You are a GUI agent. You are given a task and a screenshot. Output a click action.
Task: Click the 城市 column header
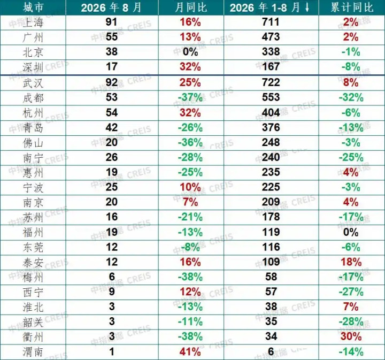click(33, 7)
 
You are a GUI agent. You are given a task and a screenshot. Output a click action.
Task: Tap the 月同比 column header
click(191, 7)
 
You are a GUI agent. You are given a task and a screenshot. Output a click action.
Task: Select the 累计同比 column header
click(352, 7)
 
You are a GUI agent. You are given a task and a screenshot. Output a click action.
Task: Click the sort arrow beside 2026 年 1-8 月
click(307, 7)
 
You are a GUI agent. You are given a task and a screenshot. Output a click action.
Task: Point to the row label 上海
click(33, 22)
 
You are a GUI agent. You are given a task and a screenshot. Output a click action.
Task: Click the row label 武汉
click(33, 83)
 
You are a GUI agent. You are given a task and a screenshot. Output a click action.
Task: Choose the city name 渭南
click(33, 352)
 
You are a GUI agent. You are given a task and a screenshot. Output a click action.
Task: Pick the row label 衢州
click(33, 336)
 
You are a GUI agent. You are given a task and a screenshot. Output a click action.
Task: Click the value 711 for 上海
click(271, 22)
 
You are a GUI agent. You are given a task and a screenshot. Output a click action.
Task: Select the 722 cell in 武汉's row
click(271, 82)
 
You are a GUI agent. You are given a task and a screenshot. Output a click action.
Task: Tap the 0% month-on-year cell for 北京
click(190, 52)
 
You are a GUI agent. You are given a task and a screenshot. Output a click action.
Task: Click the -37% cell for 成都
click(190, 97)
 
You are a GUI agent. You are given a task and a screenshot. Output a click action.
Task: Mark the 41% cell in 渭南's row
click(190, 352)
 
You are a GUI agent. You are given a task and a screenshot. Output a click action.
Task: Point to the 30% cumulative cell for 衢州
click(351, 336)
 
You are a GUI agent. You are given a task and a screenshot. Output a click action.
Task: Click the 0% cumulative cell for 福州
click(351, 232)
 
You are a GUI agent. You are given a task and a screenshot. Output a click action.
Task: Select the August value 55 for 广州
click(112, 37)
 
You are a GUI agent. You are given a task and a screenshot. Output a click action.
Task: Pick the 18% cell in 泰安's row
click(351, 262)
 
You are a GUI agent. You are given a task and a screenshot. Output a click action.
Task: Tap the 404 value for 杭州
click(271, 112)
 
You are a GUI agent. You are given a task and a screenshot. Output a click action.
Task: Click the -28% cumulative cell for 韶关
click(351, 321)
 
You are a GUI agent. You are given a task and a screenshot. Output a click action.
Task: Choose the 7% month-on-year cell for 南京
click(190, 202)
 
